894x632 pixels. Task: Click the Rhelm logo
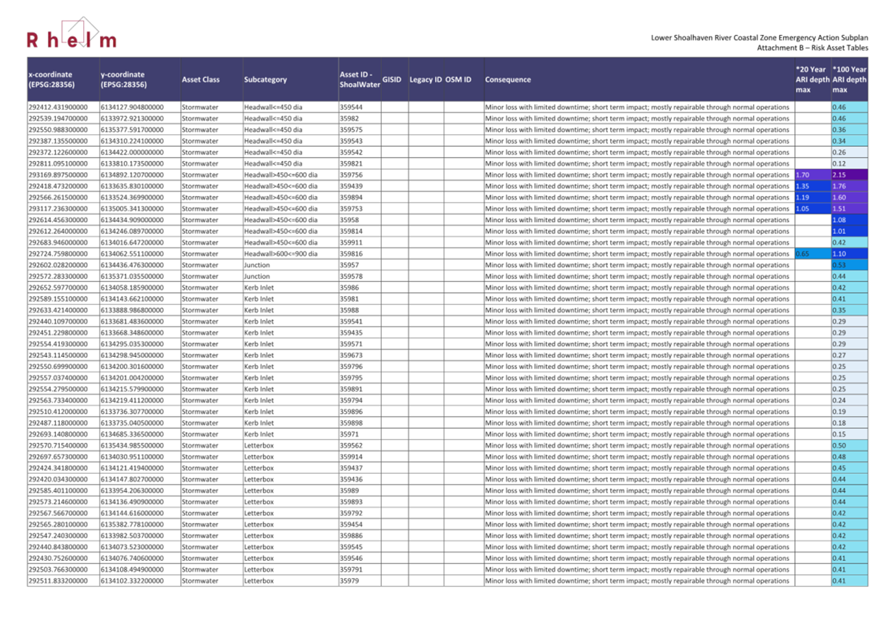tap(71, 36)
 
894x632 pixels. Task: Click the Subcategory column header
tap(265, 80)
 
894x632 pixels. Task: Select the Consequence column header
tap(507, 80)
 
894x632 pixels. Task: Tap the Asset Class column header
tap(200, 80)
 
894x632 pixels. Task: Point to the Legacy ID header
tap(426, 80)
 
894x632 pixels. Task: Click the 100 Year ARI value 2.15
tap(839, 175)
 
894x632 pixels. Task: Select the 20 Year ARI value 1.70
tap(803, 175)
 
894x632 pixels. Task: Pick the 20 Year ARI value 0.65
tap(803, 254)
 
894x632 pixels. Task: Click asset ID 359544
tap(351, 107)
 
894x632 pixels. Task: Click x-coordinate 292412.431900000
tap(58, 107)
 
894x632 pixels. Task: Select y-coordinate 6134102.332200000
tap(132, 581)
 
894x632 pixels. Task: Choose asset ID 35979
tap(349, 581)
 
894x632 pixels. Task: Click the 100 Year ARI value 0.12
tap(839, 164)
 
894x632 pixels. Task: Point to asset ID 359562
tap(351, 445)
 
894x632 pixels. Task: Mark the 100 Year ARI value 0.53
tap(839, 265)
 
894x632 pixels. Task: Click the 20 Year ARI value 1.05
tap(803, 209)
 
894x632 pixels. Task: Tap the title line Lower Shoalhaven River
tap(759, 38)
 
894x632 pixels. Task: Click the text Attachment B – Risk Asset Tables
tap(812, 48)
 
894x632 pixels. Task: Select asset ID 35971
tap(349, 434)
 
